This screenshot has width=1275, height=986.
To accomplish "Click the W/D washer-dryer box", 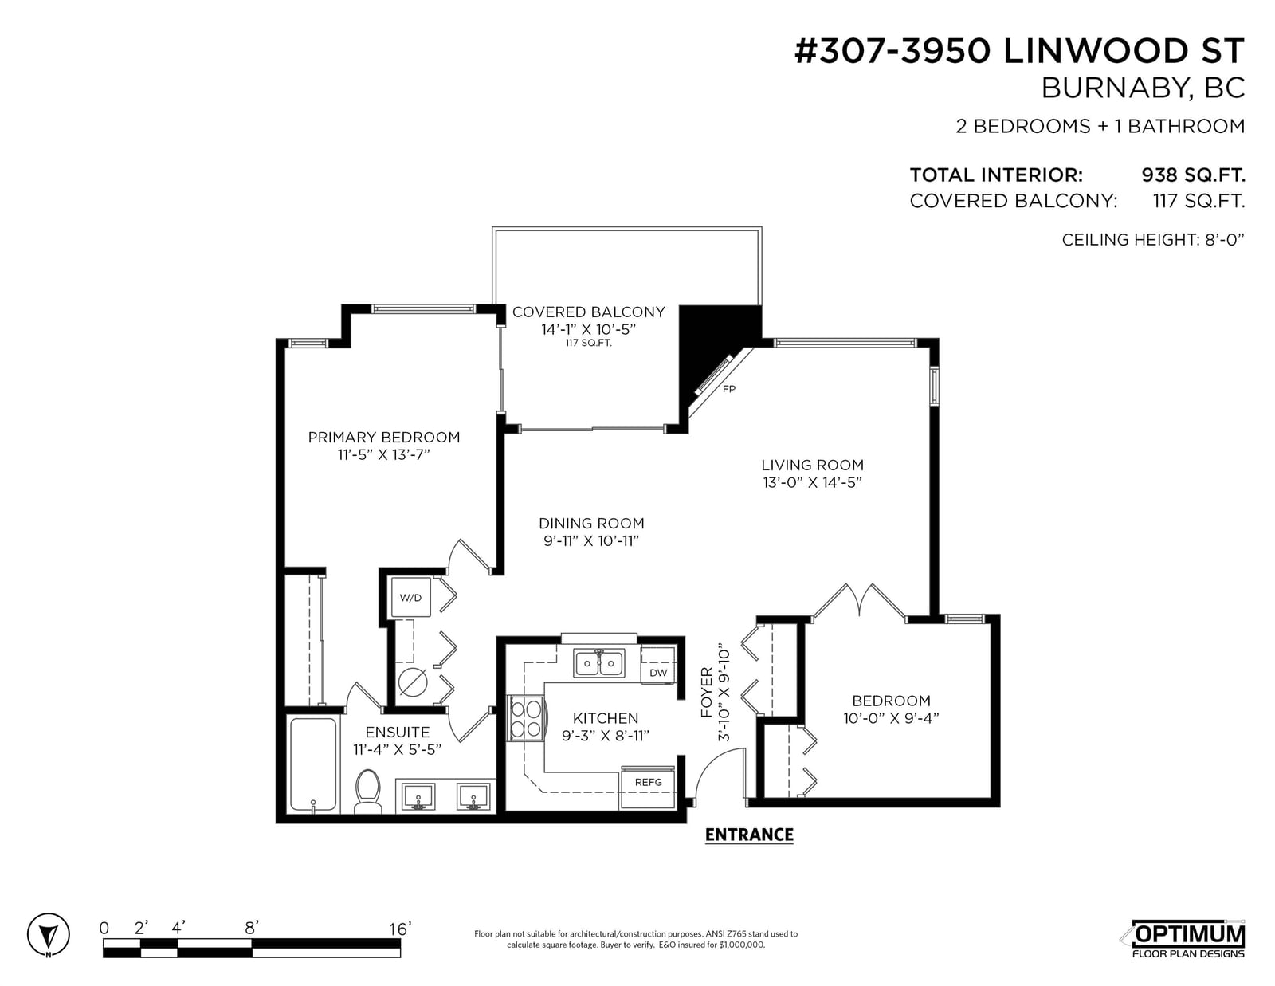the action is point(410,598).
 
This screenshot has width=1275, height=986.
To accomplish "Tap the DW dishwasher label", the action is point(658,673).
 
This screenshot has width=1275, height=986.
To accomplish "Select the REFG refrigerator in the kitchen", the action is point(648,787).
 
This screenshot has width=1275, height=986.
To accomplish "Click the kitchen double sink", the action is point(599,663).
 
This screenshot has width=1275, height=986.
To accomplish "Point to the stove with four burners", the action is point(526,719).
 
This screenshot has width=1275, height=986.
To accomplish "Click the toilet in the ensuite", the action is point(368,792).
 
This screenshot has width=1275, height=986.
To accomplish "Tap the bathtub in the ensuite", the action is point(313,764).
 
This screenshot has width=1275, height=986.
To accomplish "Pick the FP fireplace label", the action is point(728,389).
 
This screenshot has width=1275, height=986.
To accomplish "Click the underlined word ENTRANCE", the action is point(749,835).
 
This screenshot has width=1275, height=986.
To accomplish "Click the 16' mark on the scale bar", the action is point(400,929).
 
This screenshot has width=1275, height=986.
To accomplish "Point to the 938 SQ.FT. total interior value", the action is point(1193,175).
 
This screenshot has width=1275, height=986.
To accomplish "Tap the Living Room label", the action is point(812,466).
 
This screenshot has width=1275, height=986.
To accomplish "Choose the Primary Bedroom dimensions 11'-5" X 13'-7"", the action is point(384,455).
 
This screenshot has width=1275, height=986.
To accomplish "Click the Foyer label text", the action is point(707,693).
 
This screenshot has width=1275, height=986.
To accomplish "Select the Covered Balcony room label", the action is point(589,312).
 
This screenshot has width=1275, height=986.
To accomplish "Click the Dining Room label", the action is point(591,524).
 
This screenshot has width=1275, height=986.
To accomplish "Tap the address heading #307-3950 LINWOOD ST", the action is point(1020,51).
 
